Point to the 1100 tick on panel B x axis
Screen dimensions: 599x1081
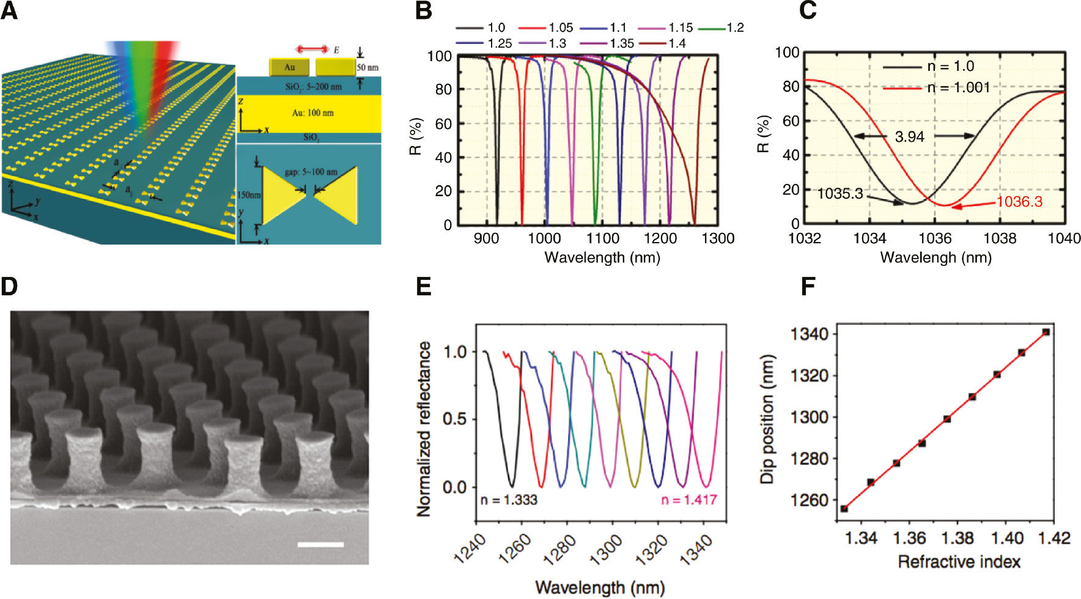coord(603,238)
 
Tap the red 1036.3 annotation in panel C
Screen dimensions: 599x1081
coord(1019,202)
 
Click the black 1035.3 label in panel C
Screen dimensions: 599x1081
coord(840,194)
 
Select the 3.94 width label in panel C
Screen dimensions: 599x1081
coord(909,137)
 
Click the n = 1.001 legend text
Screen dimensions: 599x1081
coord(958,87)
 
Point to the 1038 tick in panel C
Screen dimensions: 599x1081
coord(1000,238)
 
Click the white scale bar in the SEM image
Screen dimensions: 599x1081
coord(320,544)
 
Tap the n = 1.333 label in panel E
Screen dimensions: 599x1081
coord(509,500)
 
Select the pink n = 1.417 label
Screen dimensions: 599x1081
coord(688,500)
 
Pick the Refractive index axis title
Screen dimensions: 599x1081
coord(959,561)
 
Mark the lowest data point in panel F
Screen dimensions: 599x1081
coord(844,509)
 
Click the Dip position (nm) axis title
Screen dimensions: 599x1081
coord(767,419)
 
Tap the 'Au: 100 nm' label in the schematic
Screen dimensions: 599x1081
coord(312,113)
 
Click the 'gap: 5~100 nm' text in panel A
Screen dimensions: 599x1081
coord(311,172)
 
